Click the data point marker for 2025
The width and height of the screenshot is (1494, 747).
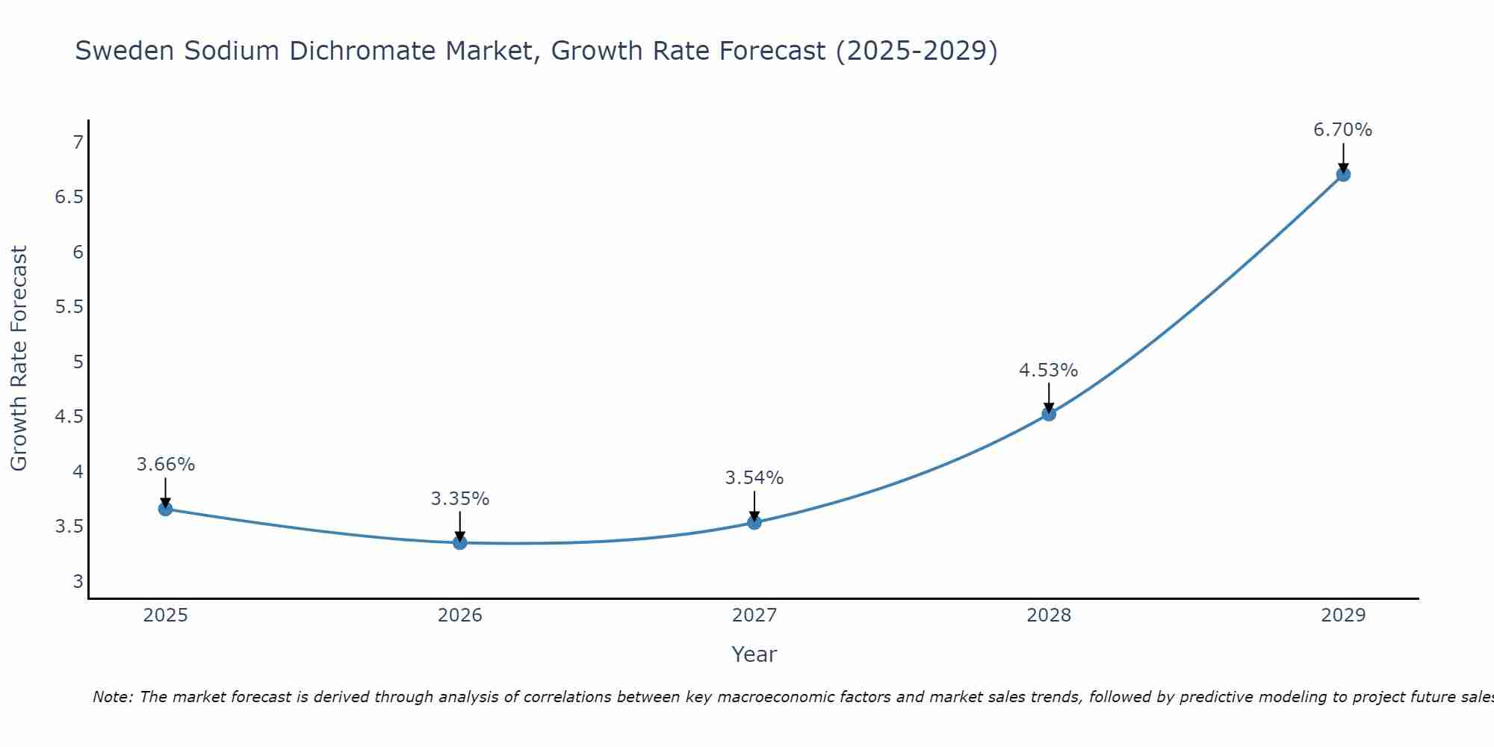[x=165, y=509]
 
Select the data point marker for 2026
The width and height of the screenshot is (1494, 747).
[x=460, y=542]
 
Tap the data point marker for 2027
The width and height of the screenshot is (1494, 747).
[x=754, y=522]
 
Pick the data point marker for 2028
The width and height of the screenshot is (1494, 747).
[x=1049, y=414]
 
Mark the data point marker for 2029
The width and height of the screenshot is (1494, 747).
[x=1343, y=175]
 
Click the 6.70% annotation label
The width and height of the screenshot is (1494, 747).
[x=1342, y=130]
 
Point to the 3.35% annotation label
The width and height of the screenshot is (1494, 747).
[x=459, y=498]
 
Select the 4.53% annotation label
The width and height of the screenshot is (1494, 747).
[x=1048, y=370]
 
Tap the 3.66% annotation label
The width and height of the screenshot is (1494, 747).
[x=165, y=464]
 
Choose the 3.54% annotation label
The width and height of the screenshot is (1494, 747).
[x=754, y=477]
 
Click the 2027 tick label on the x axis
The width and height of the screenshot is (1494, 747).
[x=754, y=616]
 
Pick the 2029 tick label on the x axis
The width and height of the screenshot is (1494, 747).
[x=1342, y=616]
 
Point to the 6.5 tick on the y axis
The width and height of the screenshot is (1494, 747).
[x=69, y=197]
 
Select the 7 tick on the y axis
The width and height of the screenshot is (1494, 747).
[x=78, y=142]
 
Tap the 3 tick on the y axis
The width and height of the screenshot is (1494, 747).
[x=78, y=581]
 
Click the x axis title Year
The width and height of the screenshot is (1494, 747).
[x=754, y=654]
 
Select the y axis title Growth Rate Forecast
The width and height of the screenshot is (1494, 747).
[x=19, y=359]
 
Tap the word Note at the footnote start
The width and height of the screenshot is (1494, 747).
[x=112, y=697]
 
